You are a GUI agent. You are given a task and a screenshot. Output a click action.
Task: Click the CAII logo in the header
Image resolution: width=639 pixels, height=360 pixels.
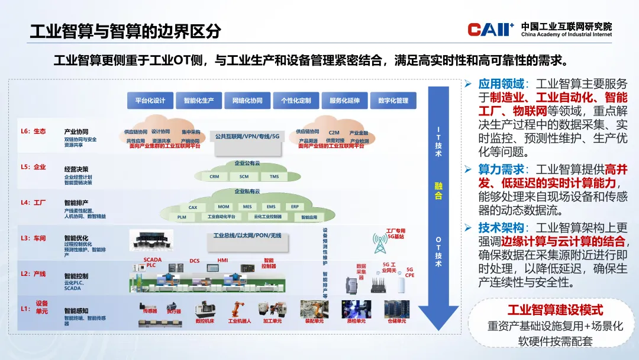click(490, 29)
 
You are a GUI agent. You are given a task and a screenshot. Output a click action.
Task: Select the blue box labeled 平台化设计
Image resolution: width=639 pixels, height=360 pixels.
click(150, 101)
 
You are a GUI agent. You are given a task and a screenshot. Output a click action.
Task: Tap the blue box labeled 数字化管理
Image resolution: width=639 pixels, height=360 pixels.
click(393, 101)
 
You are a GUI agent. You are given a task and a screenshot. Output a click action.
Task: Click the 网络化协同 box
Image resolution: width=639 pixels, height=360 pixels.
click(247, 101)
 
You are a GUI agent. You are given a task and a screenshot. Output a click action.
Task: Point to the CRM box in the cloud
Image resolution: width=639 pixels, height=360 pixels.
click(214, 176)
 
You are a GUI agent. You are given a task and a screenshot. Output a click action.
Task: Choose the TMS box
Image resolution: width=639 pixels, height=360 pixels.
click(274, 176)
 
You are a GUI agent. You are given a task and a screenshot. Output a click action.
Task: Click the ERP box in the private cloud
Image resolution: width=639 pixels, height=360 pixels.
click(295, 207)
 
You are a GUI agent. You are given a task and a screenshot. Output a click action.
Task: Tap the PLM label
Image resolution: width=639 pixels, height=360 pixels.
click(182, 217)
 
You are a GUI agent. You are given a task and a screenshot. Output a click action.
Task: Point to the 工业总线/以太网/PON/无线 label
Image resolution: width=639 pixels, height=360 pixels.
click(247, 236)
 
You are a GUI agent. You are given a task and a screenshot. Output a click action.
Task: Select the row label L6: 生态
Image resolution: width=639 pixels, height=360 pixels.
click(33, 131)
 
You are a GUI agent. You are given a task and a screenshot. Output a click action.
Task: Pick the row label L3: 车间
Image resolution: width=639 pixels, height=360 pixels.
click(33, 238)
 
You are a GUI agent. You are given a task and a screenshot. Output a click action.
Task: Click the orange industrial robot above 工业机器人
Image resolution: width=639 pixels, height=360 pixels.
click(239, 309)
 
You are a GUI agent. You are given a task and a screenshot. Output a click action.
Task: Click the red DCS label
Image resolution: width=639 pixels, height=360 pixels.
click(195, 261)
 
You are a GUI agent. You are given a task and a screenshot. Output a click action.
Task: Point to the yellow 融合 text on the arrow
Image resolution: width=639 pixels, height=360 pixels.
click(438, 191)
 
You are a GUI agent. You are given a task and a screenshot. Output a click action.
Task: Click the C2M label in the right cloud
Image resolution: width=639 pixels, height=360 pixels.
click(334, 133)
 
